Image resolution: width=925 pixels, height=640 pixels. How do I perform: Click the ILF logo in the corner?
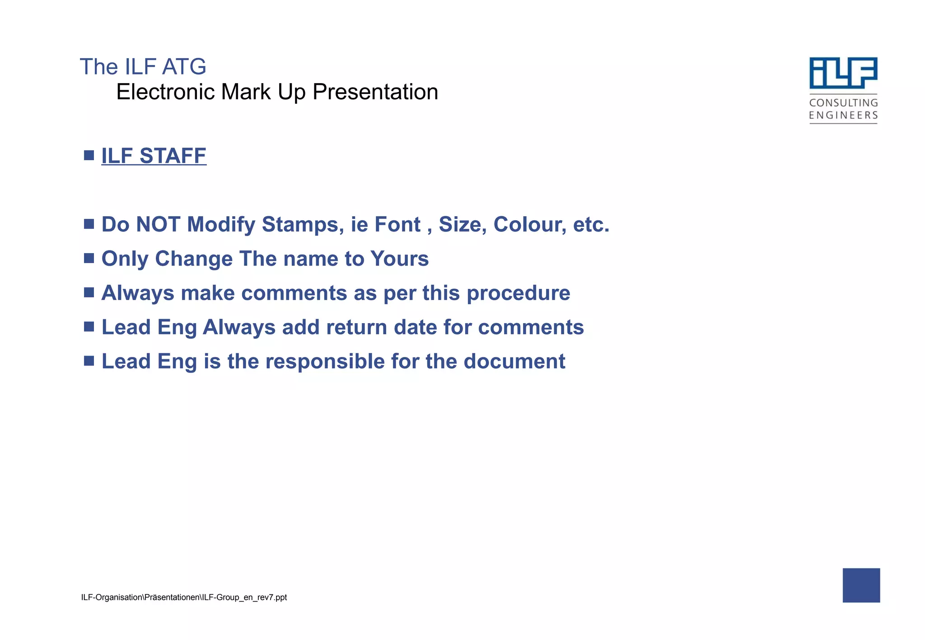843,73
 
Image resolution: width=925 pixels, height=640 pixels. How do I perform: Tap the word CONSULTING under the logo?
843,103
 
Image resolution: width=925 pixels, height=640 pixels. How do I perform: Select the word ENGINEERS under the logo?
843,116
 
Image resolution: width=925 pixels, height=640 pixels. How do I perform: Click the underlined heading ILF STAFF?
154,156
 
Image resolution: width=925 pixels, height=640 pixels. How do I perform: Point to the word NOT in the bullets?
159,224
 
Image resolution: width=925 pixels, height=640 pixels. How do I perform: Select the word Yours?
399,259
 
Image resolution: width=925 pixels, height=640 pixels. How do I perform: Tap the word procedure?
518,293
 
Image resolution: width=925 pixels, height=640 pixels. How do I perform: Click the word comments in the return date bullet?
531,327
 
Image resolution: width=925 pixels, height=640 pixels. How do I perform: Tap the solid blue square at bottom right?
861,585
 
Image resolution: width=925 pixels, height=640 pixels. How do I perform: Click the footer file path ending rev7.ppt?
184,598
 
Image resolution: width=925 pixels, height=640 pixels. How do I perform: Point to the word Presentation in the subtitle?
375,92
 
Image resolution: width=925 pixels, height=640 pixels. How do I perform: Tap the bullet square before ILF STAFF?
89,156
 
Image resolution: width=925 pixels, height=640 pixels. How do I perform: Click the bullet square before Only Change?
89,258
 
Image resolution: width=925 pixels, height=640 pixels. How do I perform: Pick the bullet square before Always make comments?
89,292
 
